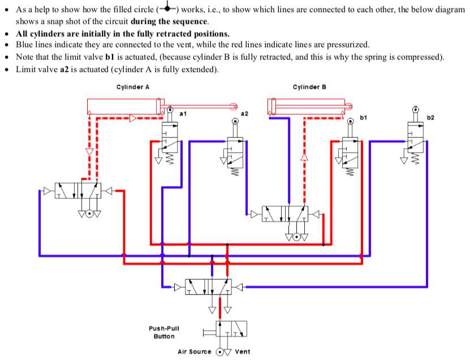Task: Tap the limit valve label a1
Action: (x=183, y=114)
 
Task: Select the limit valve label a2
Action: (x=245, y=114)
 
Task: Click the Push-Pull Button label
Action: (x=164, y=332)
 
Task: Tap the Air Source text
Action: (x=195, y=352)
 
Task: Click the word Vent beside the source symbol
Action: (x=243, y=352)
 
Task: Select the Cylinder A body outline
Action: (x=124, y=106)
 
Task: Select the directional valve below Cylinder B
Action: (x=287, y=214)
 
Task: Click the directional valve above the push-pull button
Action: (x=209, y=287)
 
